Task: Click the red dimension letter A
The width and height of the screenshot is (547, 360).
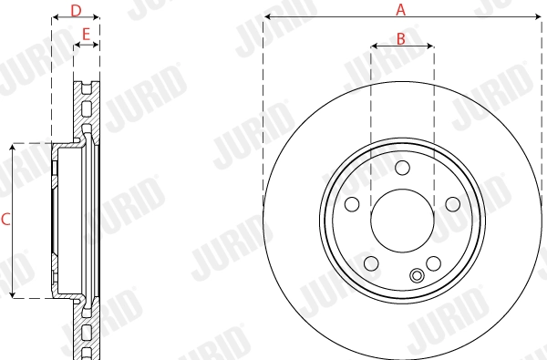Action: click(400, 10)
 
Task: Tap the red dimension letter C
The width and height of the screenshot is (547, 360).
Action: click(5, 219)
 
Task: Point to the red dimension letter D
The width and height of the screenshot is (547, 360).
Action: click(76, 10)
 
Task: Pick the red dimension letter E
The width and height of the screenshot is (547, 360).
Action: click(86, 35)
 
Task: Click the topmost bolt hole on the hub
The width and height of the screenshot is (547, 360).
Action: click(402, 167)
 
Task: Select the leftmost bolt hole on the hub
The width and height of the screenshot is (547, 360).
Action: click(351, 204)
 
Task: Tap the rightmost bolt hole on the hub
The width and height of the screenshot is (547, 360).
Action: click(453, 204)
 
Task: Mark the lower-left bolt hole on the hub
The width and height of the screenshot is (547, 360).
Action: click(370, 263)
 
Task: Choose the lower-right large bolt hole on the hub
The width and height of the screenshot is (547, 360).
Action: click(434, 263)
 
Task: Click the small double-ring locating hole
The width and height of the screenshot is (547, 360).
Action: click(418, 277)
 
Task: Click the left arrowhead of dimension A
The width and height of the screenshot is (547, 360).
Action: click(266, 19)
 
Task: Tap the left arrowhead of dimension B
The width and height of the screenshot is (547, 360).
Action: click(374, 46)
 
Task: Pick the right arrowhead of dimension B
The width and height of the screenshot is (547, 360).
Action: click(430, 46)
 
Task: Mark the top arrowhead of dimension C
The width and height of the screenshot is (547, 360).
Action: click(13, 146)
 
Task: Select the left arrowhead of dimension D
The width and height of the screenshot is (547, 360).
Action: click(54, 19)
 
